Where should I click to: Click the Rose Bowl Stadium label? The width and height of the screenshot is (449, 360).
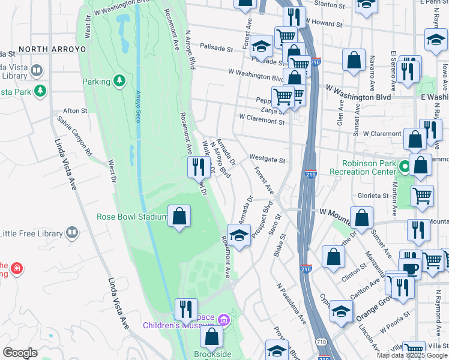click(x=132, y=217)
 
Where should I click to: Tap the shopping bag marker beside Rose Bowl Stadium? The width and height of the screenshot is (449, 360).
click(x=179, y=217)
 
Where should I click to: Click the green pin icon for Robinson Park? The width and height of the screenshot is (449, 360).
click(x=405, y=166)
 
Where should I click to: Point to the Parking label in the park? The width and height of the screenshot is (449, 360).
click(x=96, y=82)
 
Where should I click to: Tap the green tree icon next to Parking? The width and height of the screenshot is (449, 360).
click(x=119, y=80)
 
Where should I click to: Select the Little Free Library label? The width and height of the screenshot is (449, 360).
click(x=31, y=233)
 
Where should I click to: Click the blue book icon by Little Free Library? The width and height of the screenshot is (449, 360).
click(x=72, y=232)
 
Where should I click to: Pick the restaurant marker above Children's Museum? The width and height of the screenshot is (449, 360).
click(x=186, y=310)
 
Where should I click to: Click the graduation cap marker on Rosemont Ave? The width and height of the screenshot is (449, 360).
click(x=239, y=235)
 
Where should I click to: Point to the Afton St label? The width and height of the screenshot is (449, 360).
click(x=76, y=111)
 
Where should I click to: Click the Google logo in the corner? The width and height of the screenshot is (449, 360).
click(x=19, y=353)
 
